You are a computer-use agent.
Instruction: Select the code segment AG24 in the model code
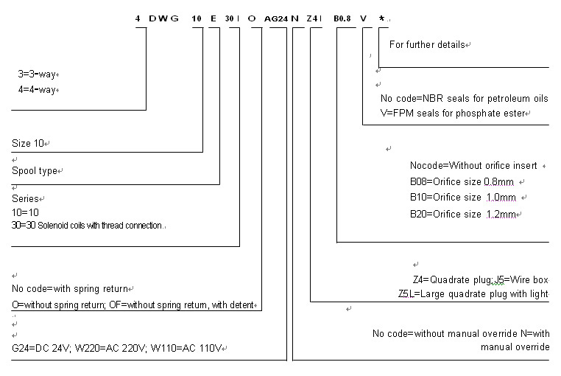click(x=276, y=18)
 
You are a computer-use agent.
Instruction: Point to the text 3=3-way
click(x=37, y=74)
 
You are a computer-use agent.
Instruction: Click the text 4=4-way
click(x=37, y=89)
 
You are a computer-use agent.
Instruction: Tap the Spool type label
click(x=36, y=170)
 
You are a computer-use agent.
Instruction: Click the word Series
click(x=26, y=198)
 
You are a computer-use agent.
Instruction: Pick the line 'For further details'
click(x=428, y=45)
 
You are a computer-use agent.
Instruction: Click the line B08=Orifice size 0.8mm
click(x=464, y=181)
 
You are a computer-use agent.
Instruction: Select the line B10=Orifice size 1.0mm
click(x=464, y=197)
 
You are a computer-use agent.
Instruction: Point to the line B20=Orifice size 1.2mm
click(x=464, y=214)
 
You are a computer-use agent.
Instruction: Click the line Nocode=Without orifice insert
click(x=475, y=165)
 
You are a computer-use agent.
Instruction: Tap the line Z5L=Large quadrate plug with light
click(x=471, y=293)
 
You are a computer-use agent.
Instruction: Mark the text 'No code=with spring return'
click(x=71, y=288)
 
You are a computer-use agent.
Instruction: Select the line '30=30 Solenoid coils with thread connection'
click(x=87, y=226)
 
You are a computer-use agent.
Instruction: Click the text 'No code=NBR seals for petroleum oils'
click(x=464, y=98)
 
